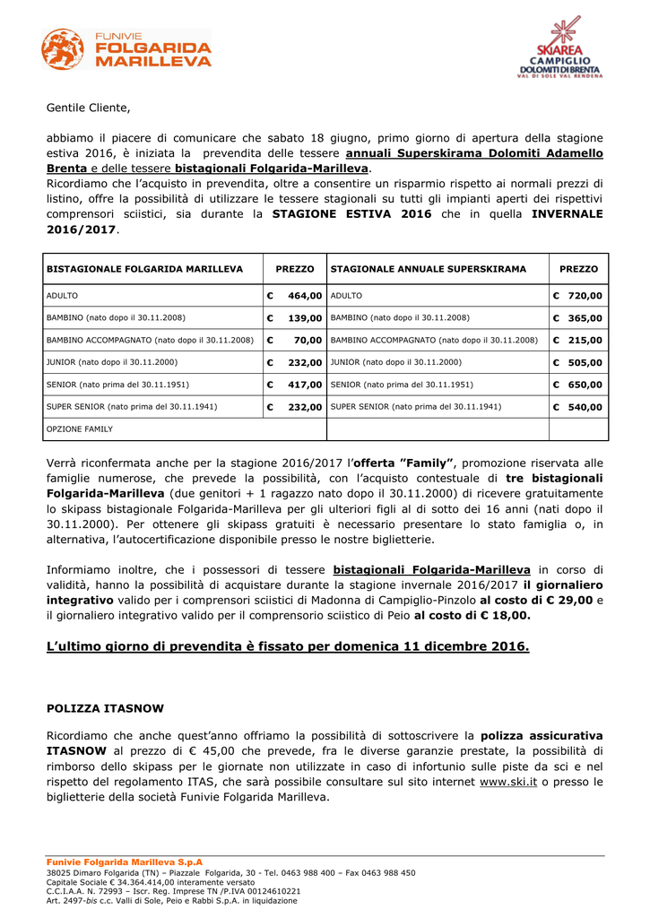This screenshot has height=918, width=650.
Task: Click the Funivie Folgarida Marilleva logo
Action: coord(126,49)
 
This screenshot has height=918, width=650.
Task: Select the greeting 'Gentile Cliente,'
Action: coord(88,108)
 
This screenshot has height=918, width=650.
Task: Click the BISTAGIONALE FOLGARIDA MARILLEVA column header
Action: coord(144,269)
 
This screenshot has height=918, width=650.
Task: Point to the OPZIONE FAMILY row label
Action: coord(80,429)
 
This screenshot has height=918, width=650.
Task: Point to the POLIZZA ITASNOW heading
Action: coord(100,708)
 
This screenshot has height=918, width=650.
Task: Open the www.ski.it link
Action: coord(508,782)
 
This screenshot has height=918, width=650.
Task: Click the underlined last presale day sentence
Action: coord(288,646)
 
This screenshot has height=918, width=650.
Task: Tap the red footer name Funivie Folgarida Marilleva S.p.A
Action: coord(125,862)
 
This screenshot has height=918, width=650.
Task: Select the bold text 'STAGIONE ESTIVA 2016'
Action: coord(351,214)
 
